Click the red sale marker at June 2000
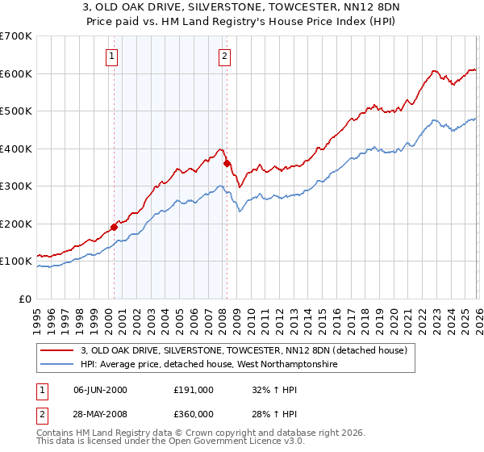114,227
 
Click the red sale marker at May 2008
227,164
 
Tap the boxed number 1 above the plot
111,56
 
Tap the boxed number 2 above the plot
223,56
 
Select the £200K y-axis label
15,224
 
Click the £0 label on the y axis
24,299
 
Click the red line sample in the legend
57,351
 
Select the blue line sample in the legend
57,365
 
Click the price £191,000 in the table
194,390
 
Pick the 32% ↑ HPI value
274,390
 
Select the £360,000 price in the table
194,414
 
